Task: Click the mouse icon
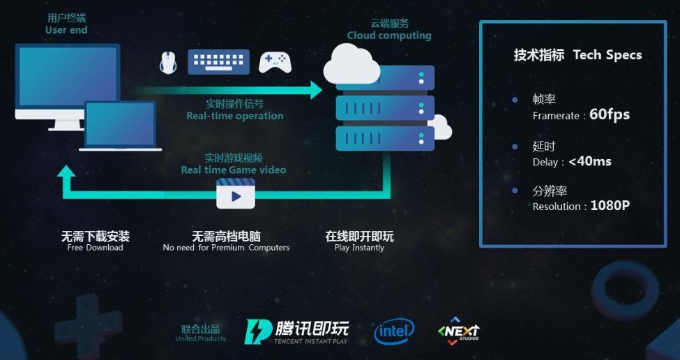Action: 168,63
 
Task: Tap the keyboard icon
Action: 218,61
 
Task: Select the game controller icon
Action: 275,63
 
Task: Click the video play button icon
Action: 236,193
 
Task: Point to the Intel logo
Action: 394,332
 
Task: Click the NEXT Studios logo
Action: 459,331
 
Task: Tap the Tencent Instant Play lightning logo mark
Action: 259,332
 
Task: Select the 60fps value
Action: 610,114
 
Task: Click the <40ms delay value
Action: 590,161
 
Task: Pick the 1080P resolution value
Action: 610,206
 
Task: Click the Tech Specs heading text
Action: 607,56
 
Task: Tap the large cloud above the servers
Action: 352,65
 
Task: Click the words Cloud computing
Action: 389,36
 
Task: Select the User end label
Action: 66,30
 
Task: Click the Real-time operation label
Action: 234,117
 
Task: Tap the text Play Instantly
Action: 359,248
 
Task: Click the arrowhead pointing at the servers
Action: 316,90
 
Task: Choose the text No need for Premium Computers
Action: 226,248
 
